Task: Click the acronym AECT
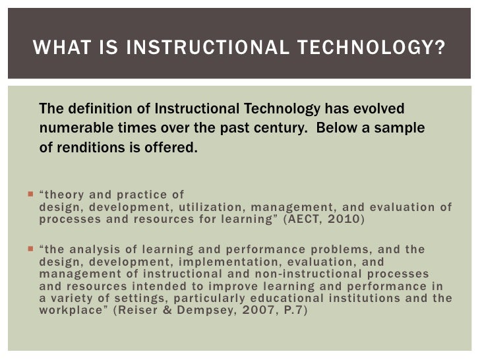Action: (306, 220)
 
